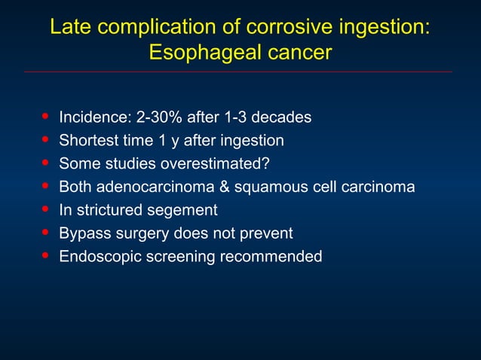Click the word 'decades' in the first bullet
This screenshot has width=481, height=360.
pos(281,117)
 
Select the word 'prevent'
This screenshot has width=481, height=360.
pos(266,233)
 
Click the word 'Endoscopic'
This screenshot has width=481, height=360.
pos(97,257)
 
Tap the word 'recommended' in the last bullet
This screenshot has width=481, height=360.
pos(271,257)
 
